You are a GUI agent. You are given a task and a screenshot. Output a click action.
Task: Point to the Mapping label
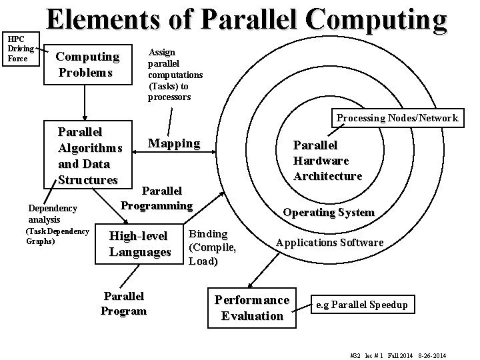point(173,143)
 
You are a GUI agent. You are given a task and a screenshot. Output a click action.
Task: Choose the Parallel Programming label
point(157,199)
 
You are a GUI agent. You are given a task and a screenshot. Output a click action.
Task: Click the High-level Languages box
point(140,243)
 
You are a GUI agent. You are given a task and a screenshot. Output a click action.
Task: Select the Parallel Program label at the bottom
point(123,303)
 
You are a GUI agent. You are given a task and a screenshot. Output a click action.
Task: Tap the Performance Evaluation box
point(252,307)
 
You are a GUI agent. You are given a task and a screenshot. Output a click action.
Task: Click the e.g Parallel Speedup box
point(361,305)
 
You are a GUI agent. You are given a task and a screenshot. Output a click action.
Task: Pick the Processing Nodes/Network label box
point(397,118)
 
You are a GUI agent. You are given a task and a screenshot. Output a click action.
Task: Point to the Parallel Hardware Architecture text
point(328,161)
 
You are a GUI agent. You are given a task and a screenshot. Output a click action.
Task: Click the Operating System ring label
point(329,213)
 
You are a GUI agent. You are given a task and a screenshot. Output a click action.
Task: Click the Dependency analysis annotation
point(53,213)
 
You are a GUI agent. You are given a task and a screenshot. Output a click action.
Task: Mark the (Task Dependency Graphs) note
point(56,236)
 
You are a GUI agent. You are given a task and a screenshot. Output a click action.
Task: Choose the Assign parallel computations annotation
point(175,74)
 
